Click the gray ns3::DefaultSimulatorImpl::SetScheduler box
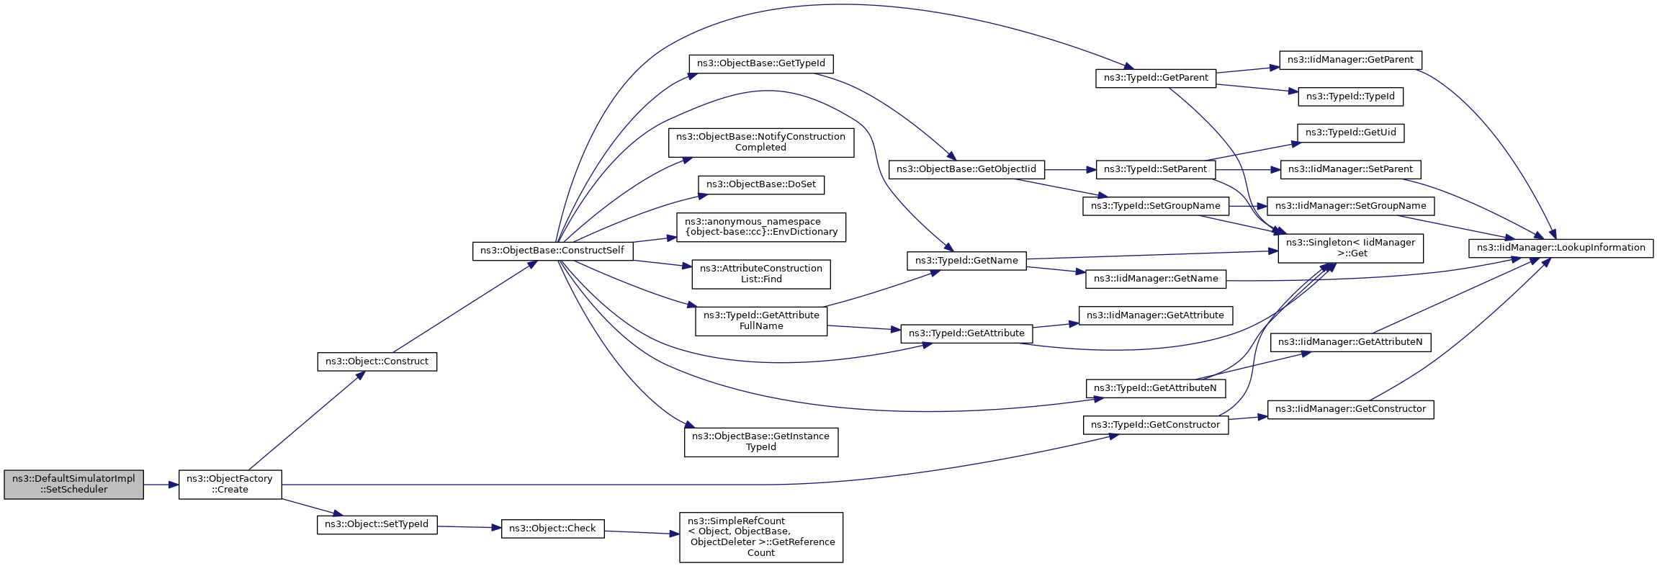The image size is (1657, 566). coord(73,485)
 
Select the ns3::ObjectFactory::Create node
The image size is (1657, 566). coord(230,485)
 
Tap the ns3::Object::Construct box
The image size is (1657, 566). coord(377,361)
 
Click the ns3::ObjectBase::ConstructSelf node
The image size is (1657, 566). coord(552,251)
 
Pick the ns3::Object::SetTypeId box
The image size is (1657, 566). coord(377,524)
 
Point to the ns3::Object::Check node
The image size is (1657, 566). coord(552,529)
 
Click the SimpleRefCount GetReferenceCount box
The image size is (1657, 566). coord(761,537)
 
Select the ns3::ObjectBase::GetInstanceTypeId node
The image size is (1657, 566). coord(761,442)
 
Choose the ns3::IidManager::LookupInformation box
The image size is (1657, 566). coord(1561,248)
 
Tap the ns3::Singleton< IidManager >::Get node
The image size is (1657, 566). coord(1351,248)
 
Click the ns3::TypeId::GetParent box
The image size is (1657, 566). coord(1156,78)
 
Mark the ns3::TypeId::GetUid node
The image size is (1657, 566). coord(1351,133)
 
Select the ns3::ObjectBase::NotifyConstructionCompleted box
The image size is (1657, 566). coord(761,143)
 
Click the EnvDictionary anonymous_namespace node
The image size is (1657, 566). coord(761,227)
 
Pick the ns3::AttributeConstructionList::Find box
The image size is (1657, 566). coord(761,274)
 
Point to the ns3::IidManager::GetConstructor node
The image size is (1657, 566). coord(1351,410)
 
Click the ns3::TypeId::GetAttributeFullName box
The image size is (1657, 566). coord(761,321)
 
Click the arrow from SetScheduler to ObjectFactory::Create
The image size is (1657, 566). coord(161,485)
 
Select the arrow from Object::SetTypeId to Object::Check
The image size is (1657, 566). coord(469,527)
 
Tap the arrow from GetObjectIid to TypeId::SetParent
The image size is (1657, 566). coord(1070,170)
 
